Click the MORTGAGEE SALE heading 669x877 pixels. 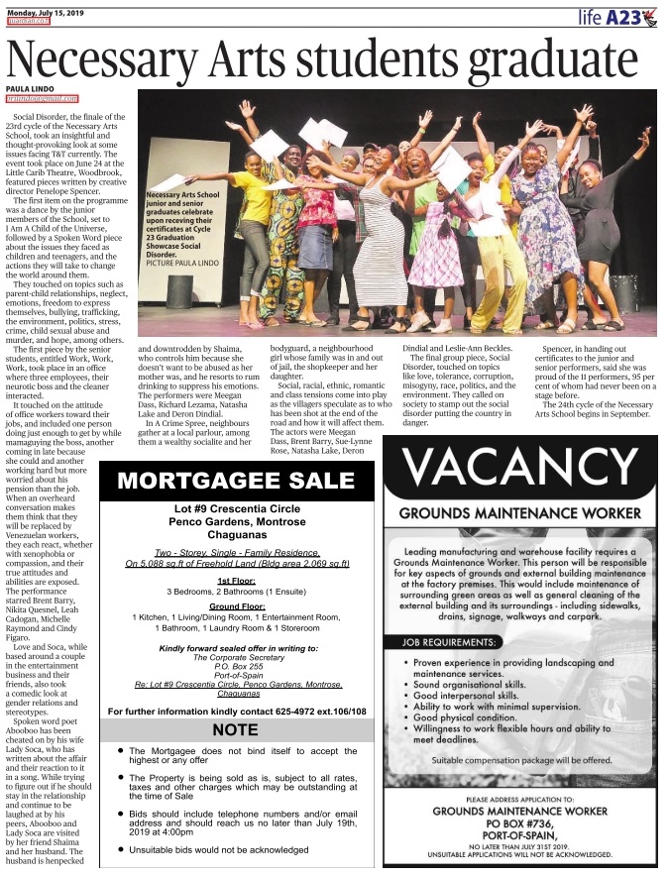[236, 482]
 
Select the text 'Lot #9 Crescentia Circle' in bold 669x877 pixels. [236, 510]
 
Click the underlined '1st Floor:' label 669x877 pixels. [236, 580]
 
